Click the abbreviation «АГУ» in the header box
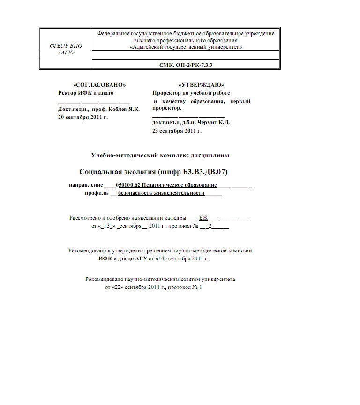[x=65, y=52]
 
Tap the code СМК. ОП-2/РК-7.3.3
[x=186, y=64]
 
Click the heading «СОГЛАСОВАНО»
[x=100, y=85]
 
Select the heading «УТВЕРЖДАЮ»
[x=201, y=85]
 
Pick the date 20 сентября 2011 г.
[x=82, y=117]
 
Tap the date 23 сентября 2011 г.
[x=177, y=131]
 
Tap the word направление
[x=85, y=185]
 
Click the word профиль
[x=97, y=193]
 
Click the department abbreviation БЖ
[x=203, y=218]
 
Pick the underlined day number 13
[x=106, y=226]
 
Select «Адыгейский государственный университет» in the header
[x=186, y=47]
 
